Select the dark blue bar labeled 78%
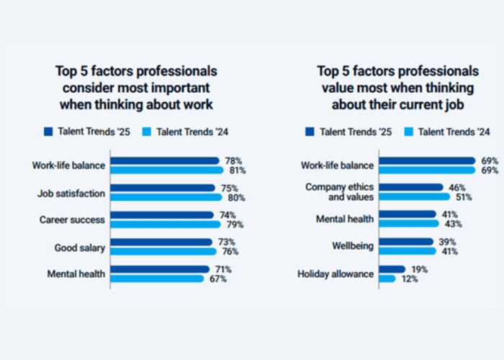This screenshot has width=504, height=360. point(165,161)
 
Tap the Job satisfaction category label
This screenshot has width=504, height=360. point(71,193)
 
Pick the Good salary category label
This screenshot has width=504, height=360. point(80,248)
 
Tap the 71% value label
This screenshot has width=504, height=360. point(223,269)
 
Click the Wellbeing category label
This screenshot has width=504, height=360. point(352,246)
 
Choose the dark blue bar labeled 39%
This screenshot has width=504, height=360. point(406,242)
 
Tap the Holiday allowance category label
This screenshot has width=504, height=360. point(336,274)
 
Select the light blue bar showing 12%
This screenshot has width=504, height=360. point(387,279)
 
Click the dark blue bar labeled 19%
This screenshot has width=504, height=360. point(392,269)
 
